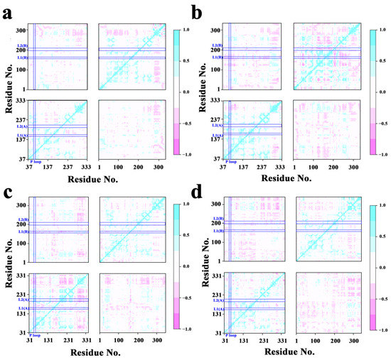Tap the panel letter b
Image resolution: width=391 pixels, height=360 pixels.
[204, 10]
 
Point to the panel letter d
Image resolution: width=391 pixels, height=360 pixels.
[204, 190]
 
